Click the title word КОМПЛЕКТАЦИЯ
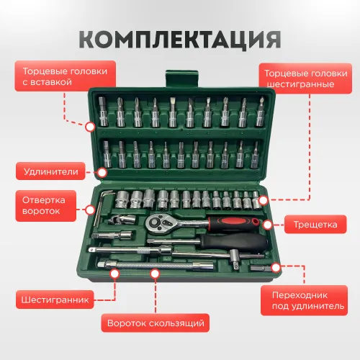[x=180, y=40]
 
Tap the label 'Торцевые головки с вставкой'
[x=66, y=76]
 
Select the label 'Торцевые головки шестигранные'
[x=305, y=78]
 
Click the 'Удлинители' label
[x=50, y=171]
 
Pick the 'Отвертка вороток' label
[x=46, y=206]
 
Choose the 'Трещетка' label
[x=315, y=225]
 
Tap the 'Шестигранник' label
[x=55, y=300]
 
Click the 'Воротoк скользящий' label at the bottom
[x=156, y=323]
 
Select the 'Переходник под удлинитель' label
[x=304, y=300]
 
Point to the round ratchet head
[x=156, y=224]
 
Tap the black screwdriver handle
[x=233, y=243]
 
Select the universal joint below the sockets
[x=122, y=219]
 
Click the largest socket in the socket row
[x=122, y=199]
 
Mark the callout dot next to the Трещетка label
[x=267, y=225]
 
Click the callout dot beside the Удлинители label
[x=102, y=172]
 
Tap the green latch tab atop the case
[x=182, y=78]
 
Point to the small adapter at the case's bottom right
[x=261, y=268]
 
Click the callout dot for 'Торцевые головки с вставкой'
[x=90, y=127]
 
